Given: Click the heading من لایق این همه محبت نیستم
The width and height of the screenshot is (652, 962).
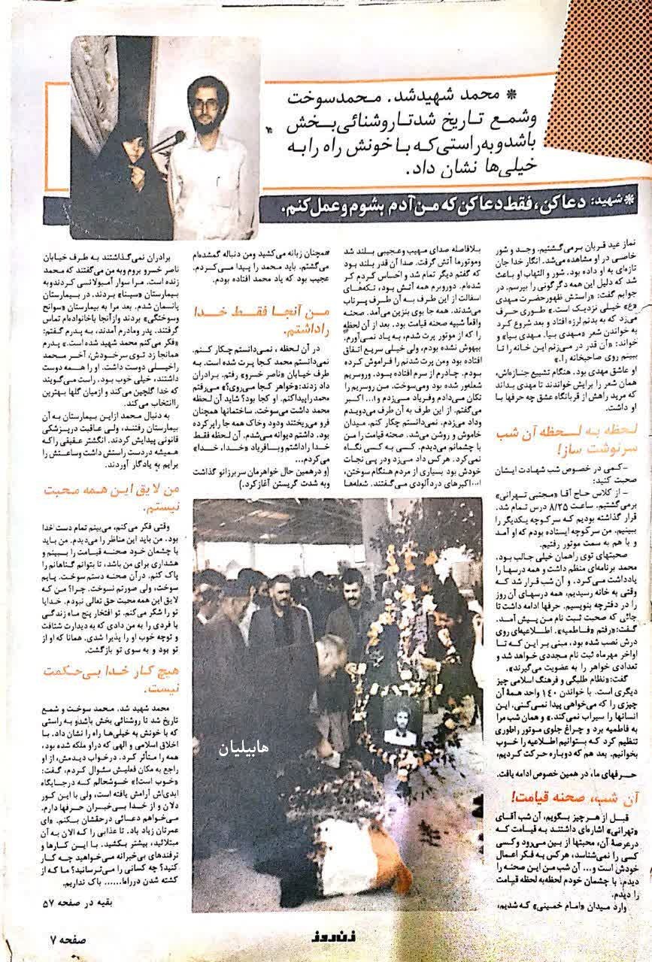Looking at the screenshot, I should click(x=118, y=498).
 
